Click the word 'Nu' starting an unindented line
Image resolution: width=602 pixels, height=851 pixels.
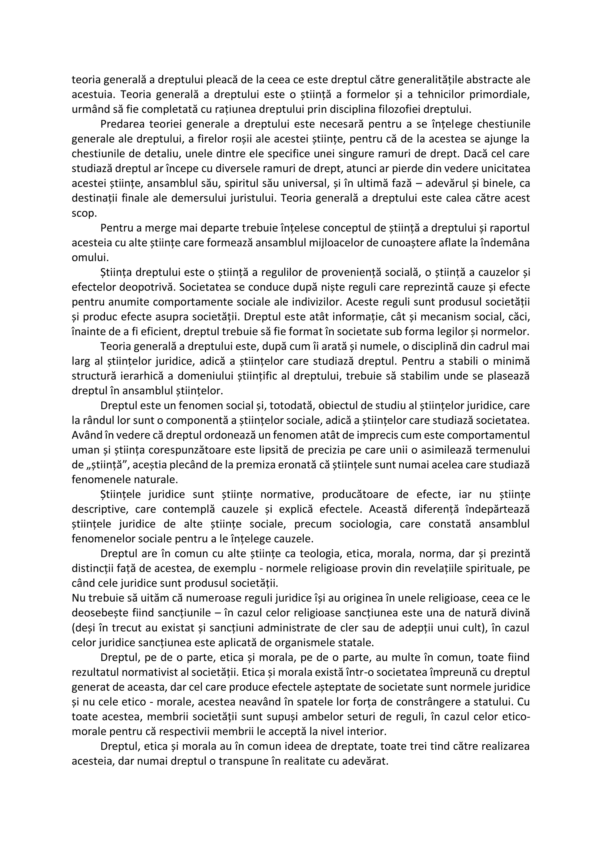tap(78, 599)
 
